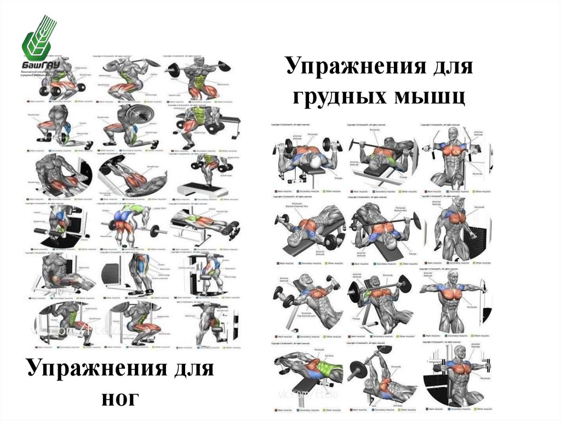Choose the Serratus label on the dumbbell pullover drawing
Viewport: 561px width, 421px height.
[328, 355]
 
